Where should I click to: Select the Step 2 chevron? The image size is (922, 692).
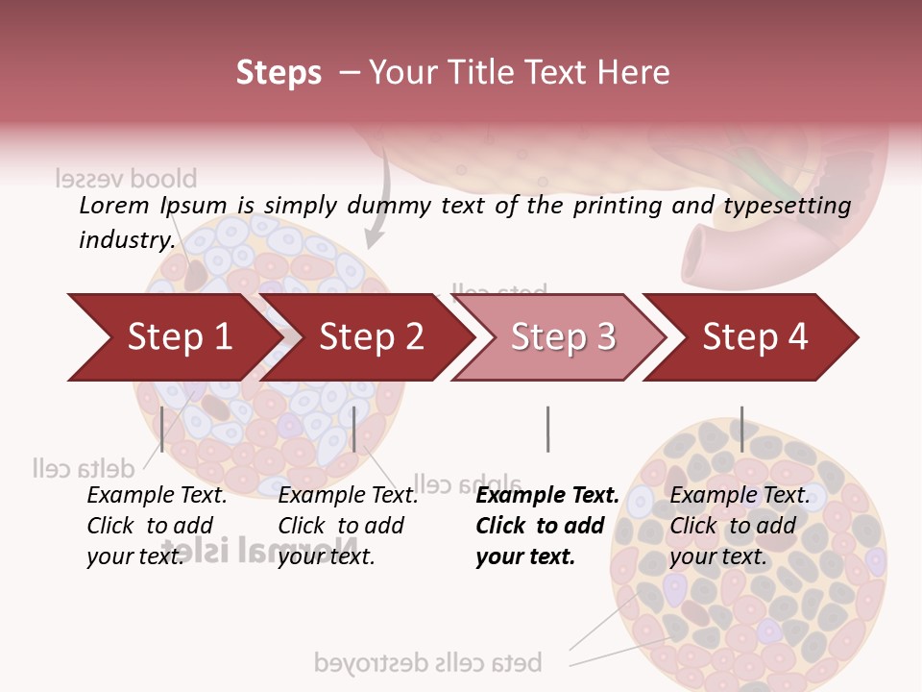pyautogui.click(x=370, y=337)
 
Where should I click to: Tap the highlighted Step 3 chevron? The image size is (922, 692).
pyautogui.click(x=562, y=337)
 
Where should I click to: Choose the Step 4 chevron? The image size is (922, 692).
pyautogui.click(x=754, y=337)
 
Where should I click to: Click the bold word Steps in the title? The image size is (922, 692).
pyautogui.click(x=279, y=72)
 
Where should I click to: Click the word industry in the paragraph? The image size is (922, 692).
pyautogui.click(x=126, y=239)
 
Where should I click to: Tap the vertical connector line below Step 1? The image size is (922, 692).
pyautogui.click(x=162, y=429)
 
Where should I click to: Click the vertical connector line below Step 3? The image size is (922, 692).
pyautogui.click(x=547, y=429)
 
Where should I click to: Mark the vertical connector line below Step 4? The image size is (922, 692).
pyautogui.click(x=741, y=429)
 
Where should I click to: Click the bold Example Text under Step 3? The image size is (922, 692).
pyautogui.click(x=547, y=495)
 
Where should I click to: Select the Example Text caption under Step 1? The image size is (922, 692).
pyautogui.click(x=158, y=495)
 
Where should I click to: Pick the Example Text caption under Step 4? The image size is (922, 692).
pyautogui.click(x=740, y=495)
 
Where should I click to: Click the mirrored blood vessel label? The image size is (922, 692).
pyautogui.click(x=125, y=179)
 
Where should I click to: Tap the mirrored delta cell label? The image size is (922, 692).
pyautogui.click(x=83, y=468)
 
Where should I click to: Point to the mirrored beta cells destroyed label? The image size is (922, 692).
pyautogui.click(x=428, y=662)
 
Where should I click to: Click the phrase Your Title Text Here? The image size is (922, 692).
pyautogui.click(x=519, y=72)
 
